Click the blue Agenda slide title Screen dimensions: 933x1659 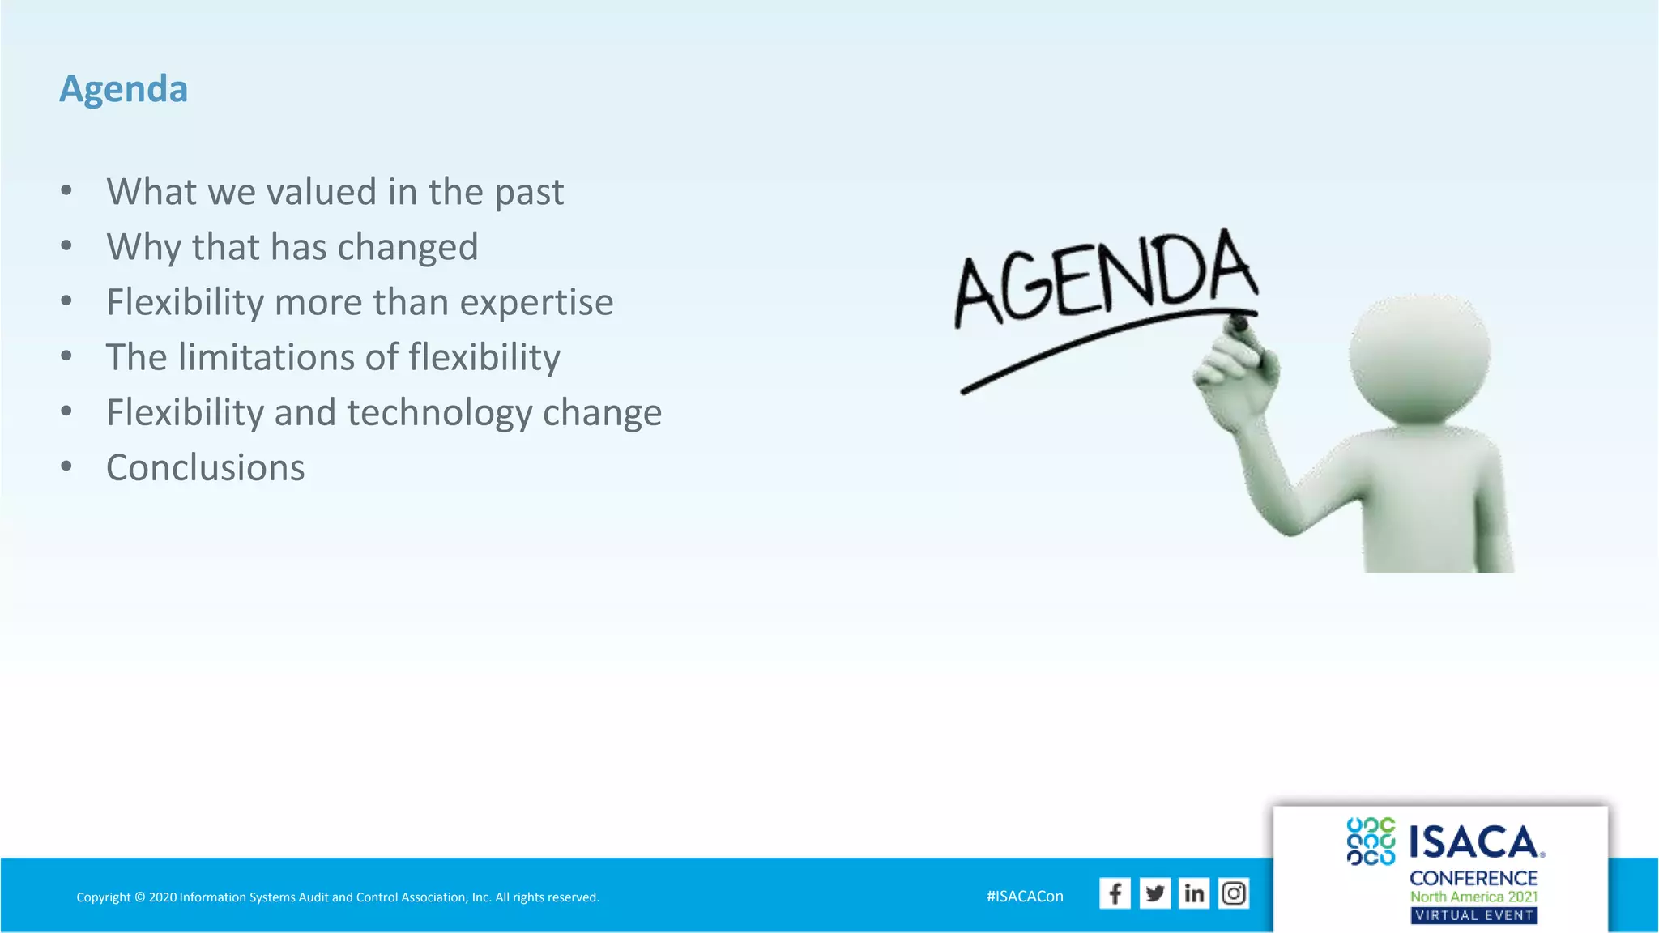pyautogui.click(x=123, y=88)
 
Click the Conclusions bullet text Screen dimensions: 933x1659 pyautogui.click(x=206, y=468)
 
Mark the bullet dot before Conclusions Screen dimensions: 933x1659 pyautogui.click(x=66, y=466)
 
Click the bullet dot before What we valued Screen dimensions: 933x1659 pyautogui.click(x=66, y=191)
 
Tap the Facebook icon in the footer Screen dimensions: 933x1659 pyautogui.click(x=1115, y=893)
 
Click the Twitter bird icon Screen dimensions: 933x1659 pyautogui.click(x=1154, y=893)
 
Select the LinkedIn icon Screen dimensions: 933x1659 pyautogui.click(x=1194, y=893)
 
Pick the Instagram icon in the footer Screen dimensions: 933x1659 pyautogui.click(x=1234, y=893)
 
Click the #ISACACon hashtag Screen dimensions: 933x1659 pyautogui.click(x=1025, y=897)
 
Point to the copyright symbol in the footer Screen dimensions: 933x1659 pyautogui.click(x=139, y=897)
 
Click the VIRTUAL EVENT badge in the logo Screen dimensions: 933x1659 pyautogui.click(x=1473, y=915)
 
